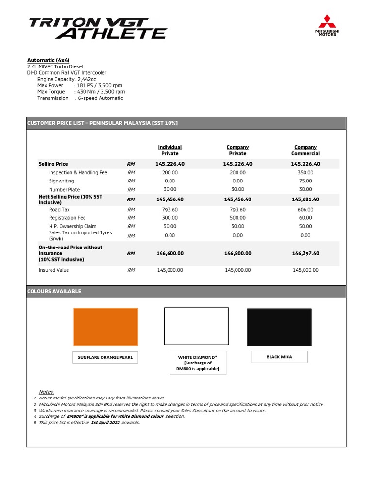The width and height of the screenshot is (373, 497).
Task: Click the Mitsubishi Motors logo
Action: coord(327,26)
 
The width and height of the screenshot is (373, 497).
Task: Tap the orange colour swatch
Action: coord(105,326)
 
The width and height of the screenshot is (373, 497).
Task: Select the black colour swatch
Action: coord(279,327)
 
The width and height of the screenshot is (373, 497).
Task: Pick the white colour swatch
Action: coord(196,326)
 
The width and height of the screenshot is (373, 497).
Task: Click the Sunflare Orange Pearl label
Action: coord(105,358)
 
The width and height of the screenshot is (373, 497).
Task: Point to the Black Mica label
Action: coord(279,357)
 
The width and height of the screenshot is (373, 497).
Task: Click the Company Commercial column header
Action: coord(305,150)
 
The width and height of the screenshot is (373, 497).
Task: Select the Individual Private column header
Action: coord(170,150)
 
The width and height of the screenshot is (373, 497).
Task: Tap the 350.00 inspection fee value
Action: coord(305,172)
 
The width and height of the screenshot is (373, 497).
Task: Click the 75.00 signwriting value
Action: coord(305,181)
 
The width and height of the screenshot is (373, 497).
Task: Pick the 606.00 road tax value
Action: coord(305,210)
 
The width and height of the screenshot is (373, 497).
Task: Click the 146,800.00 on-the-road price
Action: coord(237,253)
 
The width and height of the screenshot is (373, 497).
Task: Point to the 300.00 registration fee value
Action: coord(170,218)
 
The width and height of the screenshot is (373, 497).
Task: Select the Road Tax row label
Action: coord(59,210)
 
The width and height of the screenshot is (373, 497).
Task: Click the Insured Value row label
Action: coord(54,270)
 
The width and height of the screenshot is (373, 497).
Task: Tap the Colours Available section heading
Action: coord(54,291)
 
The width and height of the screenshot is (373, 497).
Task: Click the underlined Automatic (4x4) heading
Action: coord(49,60)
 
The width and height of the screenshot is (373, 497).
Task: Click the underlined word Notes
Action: coord(47,392)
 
